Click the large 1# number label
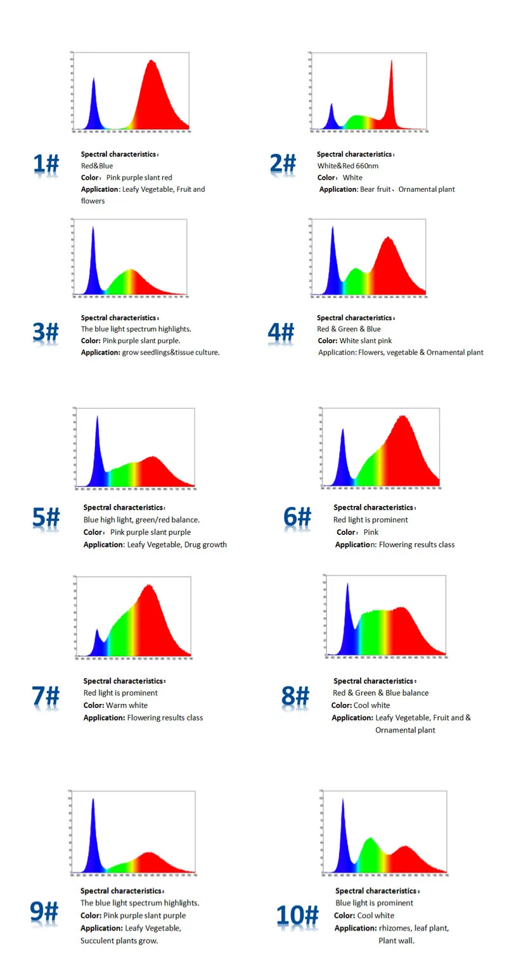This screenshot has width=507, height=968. click(x=46, y=165)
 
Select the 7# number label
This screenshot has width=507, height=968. click(x=46, y=696)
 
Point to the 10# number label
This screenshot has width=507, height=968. click(x=297, y=916)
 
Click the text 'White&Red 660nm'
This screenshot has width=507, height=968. click(x=348, y=166)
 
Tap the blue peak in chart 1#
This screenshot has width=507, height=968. click(x=94, y=80)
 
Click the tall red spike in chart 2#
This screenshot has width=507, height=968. click(x=392, y=62)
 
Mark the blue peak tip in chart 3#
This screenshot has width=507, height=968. click(x=93, y=228)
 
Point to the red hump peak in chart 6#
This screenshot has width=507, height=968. click(x=402, y=417)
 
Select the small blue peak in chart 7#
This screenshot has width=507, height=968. click(x=97, y=630)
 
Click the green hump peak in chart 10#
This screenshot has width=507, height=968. click(x=369, y=839)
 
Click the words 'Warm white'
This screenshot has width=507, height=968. click(x=127, y=705)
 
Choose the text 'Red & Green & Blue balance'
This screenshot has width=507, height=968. click(x=380, y=693)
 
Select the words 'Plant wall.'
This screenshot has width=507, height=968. click(x=396, y=940)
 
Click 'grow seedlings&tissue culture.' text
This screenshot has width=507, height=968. click(x=170, y=352)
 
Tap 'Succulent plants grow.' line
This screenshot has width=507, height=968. click(x=119, y=940)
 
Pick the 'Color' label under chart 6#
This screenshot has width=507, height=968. click(x=346, y=532)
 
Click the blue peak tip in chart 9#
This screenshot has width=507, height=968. click(x=93, y=800)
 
